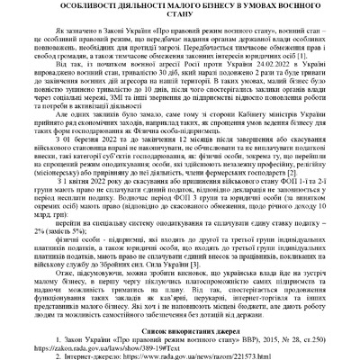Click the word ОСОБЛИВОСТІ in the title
(x=73, y=5)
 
